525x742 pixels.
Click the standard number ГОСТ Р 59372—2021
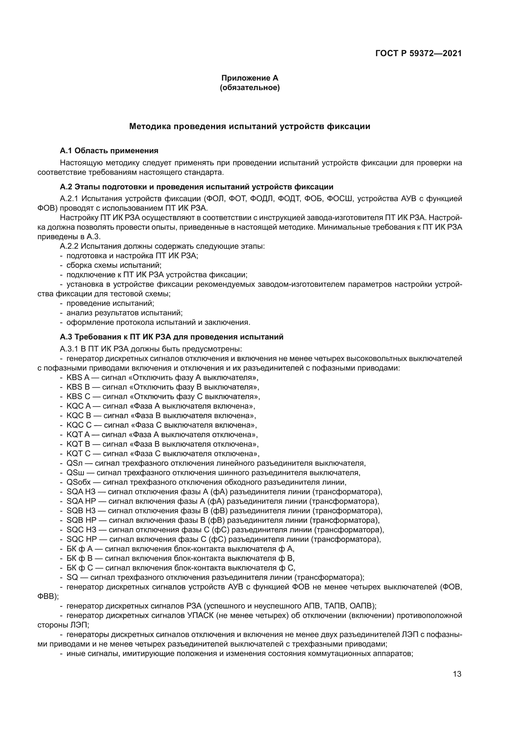coord(418,54)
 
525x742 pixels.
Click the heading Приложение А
coord(249,78)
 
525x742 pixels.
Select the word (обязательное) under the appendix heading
coord(249,88)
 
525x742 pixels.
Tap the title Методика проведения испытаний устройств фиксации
coord(249,126)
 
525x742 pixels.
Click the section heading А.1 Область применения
coord(109,151)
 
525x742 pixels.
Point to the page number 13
coord(457,674)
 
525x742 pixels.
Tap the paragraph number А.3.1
coord(69,349)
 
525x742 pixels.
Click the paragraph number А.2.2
coord(69,246)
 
